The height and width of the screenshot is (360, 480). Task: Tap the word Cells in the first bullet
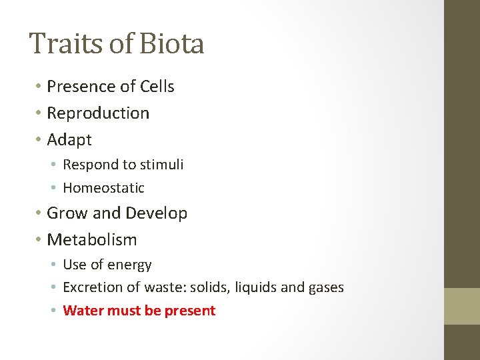tap(157, 87)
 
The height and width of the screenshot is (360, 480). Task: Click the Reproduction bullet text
tap(98, 113)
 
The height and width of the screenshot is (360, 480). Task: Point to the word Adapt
tap(69, 140)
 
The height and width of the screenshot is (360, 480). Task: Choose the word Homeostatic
tap(103, 188)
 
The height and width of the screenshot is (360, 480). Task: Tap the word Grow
tap(67, 213)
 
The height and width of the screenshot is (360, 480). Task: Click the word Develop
tap(156, 213)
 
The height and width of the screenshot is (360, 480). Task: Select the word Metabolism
tap(92, 240)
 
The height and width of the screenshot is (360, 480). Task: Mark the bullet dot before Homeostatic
tap(55, 188)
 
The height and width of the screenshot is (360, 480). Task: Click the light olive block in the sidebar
tap(462, 306)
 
